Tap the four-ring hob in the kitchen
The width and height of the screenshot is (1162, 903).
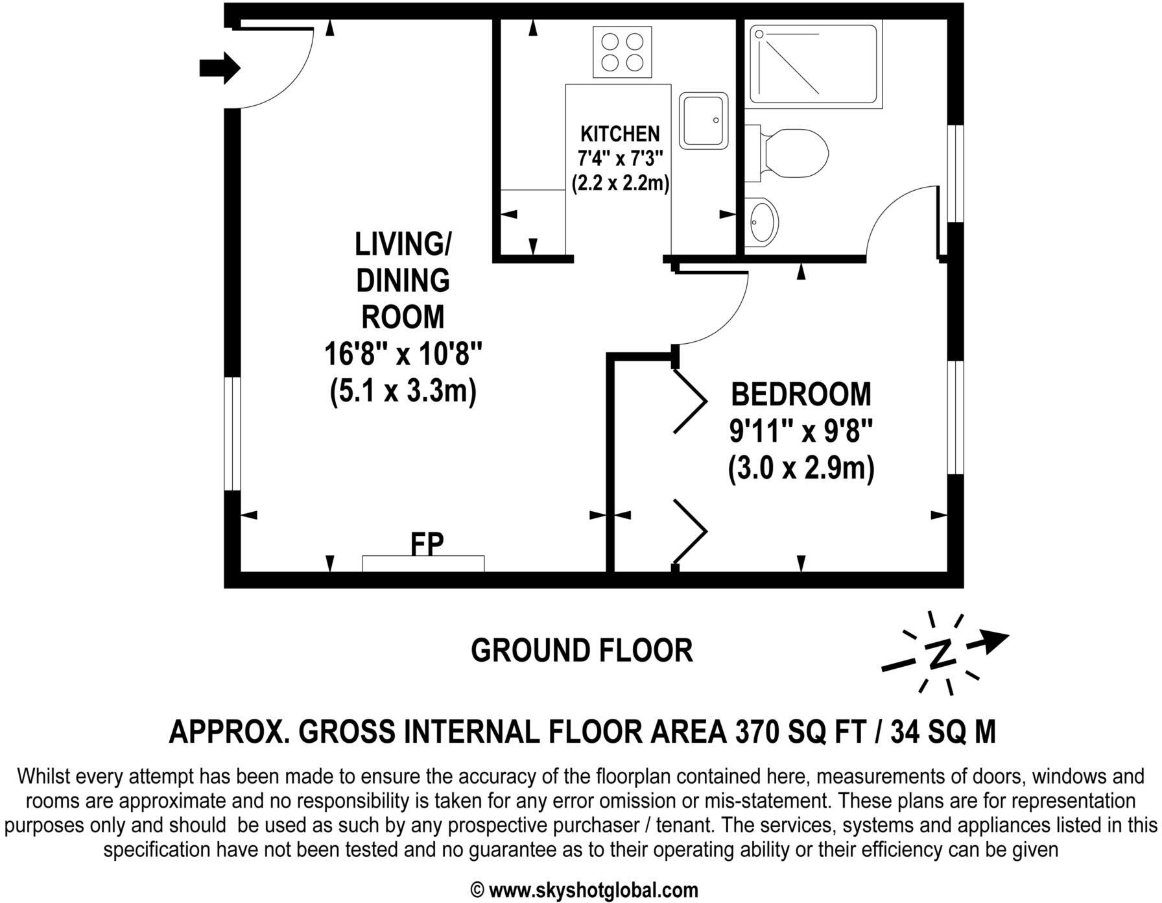tap(622, 52)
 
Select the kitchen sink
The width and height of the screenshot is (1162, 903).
tap(704, 121)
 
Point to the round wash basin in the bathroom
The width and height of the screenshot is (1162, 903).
tap(762, 221)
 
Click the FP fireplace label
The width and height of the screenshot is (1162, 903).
tap(427, 544)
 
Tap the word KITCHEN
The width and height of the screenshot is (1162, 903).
tap(620, 134)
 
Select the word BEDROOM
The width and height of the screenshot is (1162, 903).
tap(801, 394)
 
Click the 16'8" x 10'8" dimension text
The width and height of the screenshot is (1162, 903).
tap(403, 355)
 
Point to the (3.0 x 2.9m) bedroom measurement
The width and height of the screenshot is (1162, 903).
tap(801, 468)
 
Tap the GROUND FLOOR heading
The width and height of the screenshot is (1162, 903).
tap(582, 650)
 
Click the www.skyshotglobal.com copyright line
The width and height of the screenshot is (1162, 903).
tap(583, 889)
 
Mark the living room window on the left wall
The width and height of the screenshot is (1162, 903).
tap(232, 433)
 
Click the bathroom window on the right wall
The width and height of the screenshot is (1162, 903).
tap(955, 173)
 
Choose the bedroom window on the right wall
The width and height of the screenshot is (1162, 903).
tap(955, 417)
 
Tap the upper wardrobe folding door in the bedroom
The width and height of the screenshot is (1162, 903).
tap(690, 401)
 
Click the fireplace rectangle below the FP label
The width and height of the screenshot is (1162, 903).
tap(423, 564)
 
